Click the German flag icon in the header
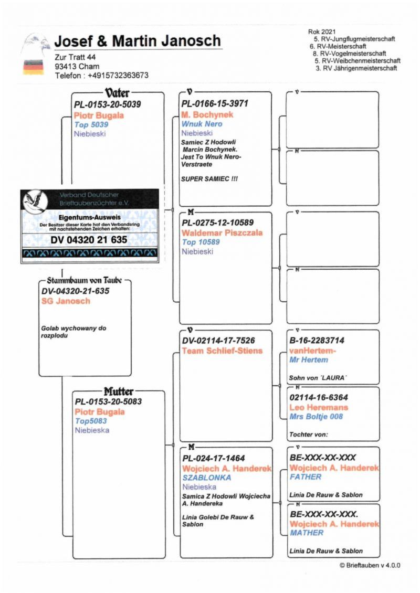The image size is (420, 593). [x=33, y=67]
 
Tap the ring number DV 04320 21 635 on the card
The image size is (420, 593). [x=89, y=240]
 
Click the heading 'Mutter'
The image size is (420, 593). [x=118, y=391]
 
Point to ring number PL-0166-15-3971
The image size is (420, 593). [x=215, y=104]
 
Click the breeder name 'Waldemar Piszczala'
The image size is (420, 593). [x=222, y=232]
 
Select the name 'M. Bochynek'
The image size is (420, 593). [x=207, y=114]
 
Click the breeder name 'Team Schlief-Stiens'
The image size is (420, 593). [x=222, y=351]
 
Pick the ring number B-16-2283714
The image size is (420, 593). [x=317, y=341]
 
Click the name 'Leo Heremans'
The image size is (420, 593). [x=319, y=407]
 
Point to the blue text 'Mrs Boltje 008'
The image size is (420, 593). [x=316, y=417]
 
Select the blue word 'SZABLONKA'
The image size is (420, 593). [x=207, y=478]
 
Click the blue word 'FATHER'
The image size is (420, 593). [x=305, y=477]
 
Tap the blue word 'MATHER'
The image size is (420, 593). [x=307, y=533]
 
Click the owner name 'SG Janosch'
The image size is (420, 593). [x=66, y=301]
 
